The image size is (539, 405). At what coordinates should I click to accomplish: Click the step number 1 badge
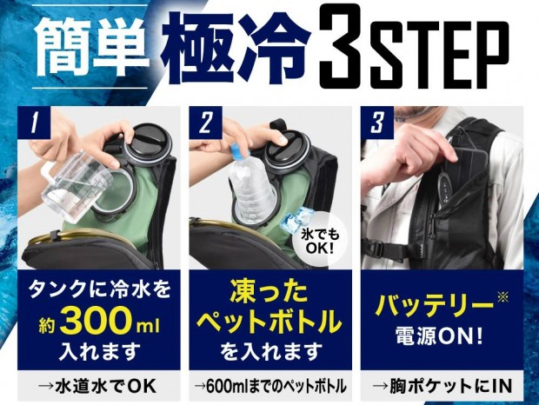pos(34,123)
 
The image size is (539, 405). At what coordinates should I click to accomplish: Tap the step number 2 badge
pos(205,123)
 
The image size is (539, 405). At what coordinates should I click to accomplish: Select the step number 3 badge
pos(376,123)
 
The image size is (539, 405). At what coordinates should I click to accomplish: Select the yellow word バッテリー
pos(434,306)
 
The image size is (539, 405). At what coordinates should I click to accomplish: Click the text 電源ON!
pos(438,335)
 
